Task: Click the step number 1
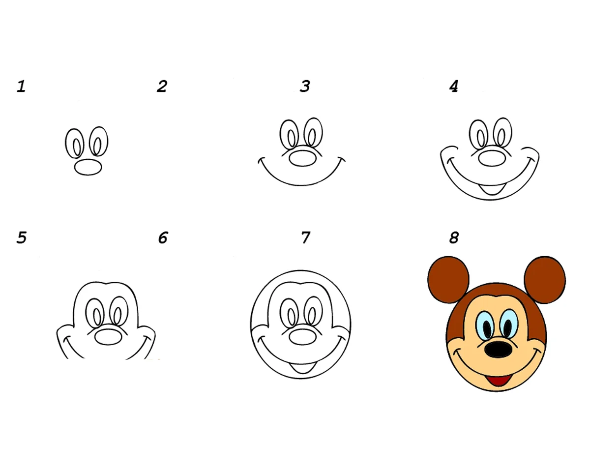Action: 21,87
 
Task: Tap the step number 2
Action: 162,87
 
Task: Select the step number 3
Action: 305,87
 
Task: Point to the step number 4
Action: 453,87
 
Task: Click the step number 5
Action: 22,237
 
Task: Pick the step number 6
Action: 163,237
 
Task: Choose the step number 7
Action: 306,237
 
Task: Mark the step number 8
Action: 454,237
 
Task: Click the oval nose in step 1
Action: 88,167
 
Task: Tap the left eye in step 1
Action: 75,144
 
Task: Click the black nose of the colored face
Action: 498,350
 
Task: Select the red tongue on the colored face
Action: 499,381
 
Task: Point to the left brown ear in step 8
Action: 448,279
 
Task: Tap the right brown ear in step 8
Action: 545,279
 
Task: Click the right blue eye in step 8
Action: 508,324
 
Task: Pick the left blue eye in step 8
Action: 485,325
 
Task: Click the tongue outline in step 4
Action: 492,189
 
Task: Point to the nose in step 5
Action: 108,337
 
